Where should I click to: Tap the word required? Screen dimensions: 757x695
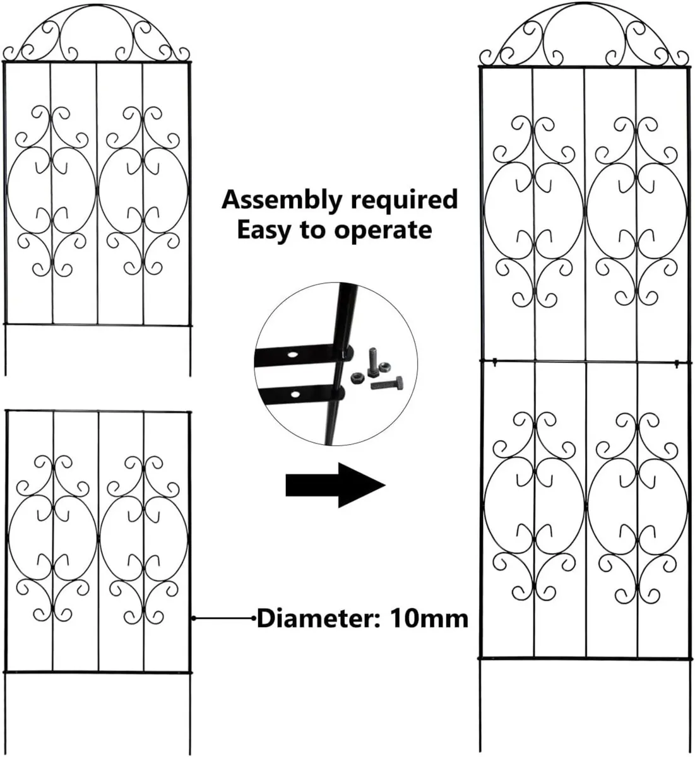404,200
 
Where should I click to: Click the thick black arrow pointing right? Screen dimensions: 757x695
335,485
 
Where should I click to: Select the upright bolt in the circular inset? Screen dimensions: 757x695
372,361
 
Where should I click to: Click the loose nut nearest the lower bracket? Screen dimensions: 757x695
355,377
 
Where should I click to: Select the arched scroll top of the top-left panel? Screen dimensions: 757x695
97,35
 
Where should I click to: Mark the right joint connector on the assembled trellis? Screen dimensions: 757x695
676,362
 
